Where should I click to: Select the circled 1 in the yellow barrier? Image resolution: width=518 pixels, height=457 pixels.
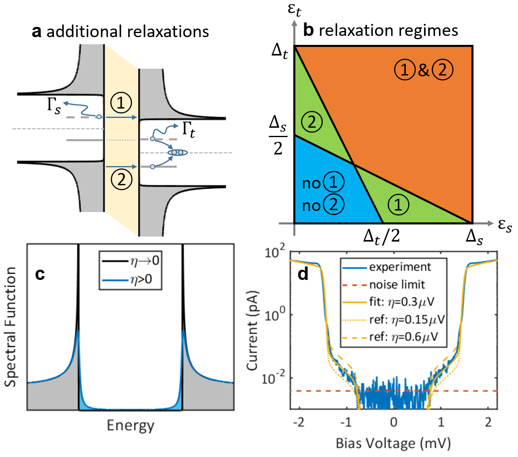point(121,103)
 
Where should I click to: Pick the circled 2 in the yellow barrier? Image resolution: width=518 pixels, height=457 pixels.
point(121,179)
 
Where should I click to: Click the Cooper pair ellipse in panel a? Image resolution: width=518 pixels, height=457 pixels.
point(177,153)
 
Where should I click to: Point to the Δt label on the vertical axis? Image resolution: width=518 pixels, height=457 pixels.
point(280,51)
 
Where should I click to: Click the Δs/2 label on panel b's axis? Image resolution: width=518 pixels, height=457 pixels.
point(278,135)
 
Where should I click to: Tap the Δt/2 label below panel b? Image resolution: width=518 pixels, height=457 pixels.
point(382,236)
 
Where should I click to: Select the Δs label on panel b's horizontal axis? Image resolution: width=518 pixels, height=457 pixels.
point(474,237)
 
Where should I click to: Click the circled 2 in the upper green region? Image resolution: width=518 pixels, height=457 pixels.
point(312,122)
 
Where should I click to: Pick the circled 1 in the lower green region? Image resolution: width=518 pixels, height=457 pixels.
point(398,204)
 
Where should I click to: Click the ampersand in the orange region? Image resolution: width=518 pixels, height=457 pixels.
point(423,70)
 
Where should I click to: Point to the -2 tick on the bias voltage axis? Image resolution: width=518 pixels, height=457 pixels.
point(299,422)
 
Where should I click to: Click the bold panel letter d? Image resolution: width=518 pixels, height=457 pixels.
point(303,274)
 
